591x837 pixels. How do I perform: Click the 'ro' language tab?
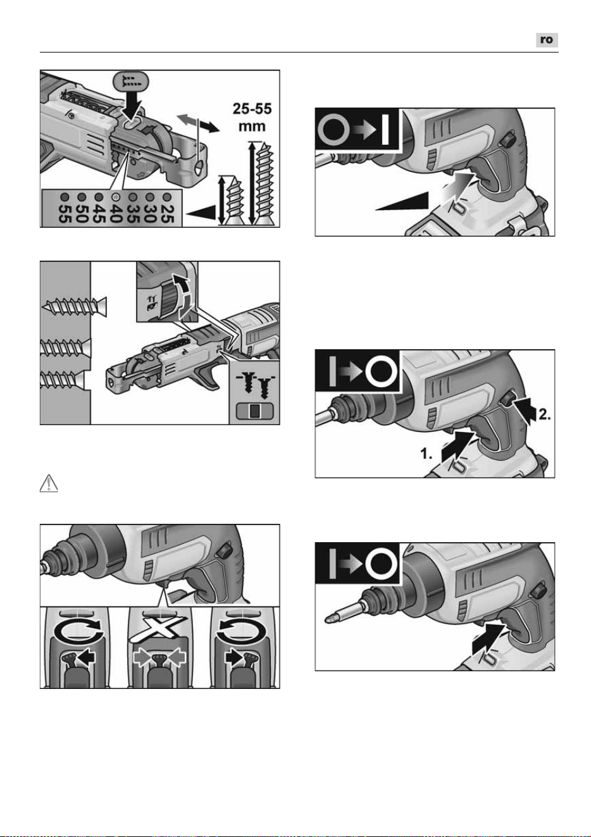(547, 40)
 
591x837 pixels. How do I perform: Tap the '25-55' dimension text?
(252, 109)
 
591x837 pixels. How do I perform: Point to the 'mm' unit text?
(252, 126)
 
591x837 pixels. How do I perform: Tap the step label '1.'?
(426, 454)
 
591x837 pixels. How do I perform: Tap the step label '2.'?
(544, 414)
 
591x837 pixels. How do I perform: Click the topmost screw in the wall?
(75, 306)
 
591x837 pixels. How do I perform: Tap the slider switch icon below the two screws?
(254, 411)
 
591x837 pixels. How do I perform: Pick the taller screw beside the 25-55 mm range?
(264, 184)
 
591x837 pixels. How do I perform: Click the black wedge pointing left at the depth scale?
(202, 213)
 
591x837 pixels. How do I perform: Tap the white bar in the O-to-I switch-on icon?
(385, 130)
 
